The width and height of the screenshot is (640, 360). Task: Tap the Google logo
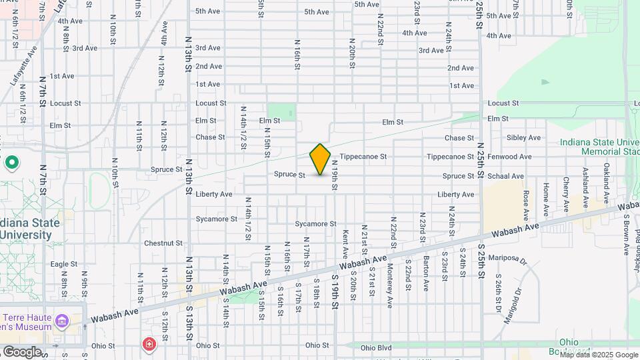point(22,351)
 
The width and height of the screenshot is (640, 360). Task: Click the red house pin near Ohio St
point(149,344)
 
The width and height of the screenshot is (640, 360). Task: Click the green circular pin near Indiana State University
point(11,162)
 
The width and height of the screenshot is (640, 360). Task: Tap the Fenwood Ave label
point(509,157)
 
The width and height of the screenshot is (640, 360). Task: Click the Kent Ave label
point(345,245)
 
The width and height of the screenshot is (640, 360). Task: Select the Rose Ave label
point(526,205)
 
